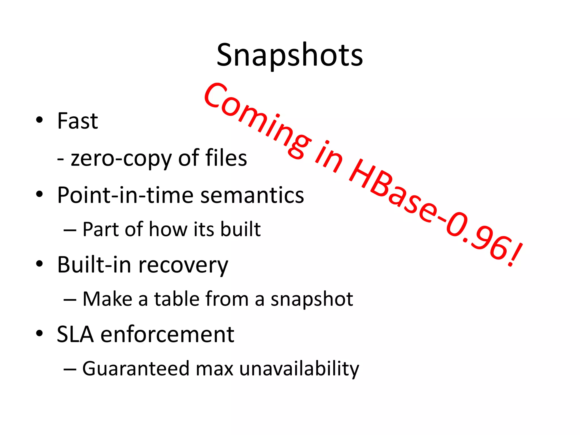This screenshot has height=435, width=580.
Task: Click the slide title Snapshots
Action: point(290,55)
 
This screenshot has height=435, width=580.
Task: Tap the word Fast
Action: point(78,121)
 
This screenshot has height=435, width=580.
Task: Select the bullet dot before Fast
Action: point(39,120)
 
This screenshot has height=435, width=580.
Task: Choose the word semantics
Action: point(252,195)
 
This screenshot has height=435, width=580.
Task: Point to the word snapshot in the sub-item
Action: point(312,300)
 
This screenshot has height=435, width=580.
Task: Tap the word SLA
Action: point(75,334)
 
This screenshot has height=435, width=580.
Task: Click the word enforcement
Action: point(167,334)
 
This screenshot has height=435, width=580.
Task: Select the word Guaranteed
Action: point(136,369)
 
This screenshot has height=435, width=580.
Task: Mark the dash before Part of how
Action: point(70,230)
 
